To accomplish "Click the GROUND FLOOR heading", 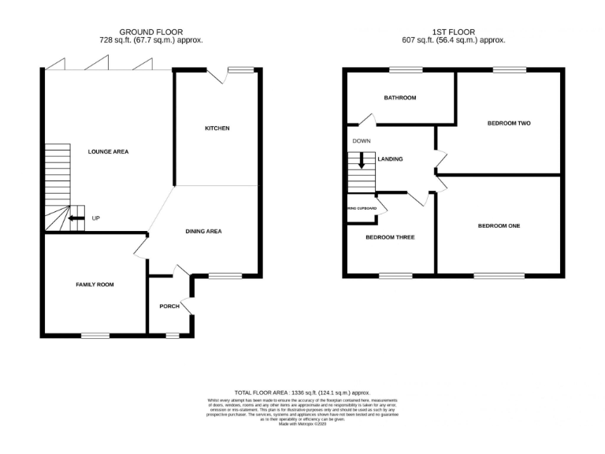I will click(150, 32).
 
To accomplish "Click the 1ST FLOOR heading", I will click(453, 32).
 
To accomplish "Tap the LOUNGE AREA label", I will click(109, 151).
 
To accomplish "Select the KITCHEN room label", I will click(217, 128).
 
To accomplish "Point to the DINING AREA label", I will click(203, 231).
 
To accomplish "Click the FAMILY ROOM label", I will click(95, 284).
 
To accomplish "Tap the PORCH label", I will click(169, 306).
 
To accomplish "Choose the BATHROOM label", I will click(400, 99).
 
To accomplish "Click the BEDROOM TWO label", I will click(508, 124).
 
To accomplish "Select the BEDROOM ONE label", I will click(499, 226).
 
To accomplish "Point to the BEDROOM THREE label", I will click(390, 236).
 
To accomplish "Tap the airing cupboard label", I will click(361, 209).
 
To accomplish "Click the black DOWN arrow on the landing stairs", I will click(362, 160).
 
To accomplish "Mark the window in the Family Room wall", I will click(95, 336).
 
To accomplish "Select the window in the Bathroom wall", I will click(406, 70).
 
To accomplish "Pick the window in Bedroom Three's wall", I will click(395, 276).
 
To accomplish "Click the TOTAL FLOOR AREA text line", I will click(302, 392).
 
